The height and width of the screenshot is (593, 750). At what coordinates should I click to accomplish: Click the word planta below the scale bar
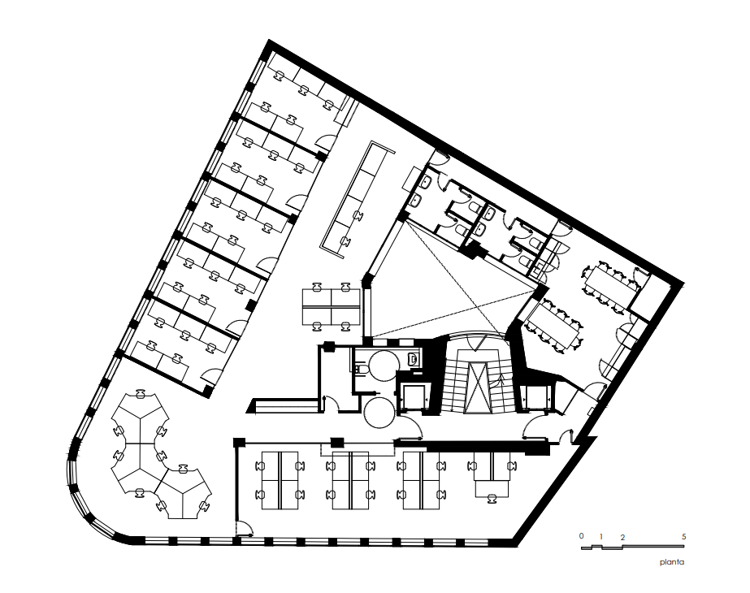point(672,562)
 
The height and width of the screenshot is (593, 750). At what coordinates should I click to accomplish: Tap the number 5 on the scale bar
point(683,537)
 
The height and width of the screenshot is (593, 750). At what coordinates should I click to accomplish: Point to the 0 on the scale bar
point(582,535)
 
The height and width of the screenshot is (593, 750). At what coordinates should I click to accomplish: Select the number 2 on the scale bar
point(622,538)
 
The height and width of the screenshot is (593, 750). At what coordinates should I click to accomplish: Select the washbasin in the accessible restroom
point(414,358)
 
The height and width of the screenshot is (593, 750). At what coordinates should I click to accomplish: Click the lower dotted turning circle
point(379,412)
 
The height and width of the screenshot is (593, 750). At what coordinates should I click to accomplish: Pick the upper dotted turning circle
point(382,366)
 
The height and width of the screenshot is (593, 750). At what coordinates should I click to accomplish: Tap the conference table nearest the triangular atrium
point(553,324)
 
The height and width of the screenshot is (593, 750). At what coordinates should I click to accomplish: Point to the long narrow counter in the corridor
point(357,200)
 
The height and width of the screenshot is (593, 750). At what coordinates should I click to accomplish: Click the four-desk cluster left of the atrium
point(331,306)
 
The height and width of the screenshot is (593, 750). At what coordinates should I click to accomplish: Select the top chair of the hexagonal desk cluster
point(140,394)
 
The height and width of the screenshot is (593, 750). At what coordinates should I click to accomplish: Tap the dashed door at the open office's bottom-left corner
point(245,527)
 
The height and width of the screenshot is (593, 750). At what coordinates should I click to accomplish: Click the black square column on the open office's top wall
point(338,443)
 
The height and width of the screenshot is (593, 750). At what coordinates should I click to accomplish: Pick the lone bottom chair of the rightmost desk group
point(492,499)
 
